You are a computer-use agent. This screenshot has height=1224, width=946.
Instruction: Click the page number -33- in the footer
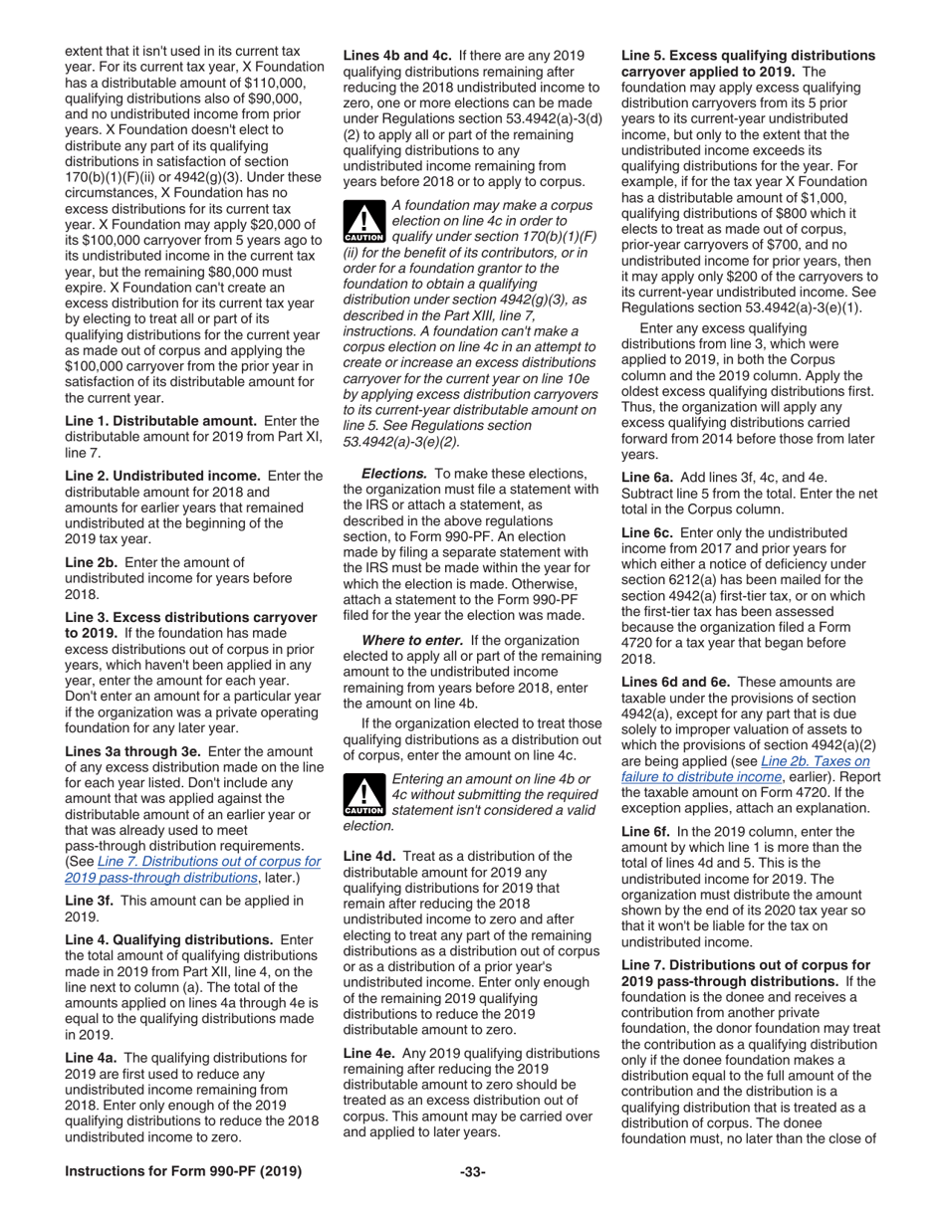pyautogui.click(x=472, y=1172)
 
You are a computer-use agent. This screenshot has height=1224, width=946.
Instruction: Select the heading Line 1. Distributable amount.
pyautogui.click(x=157, y=421)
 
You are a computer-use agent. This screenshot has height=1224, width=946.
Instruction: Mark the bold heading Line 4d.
pyautogui.click(x=370, y=856)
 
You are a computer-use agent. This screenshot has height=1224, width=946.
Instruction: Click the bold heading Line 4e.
pyautogui.click(x=370, y=1053)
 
